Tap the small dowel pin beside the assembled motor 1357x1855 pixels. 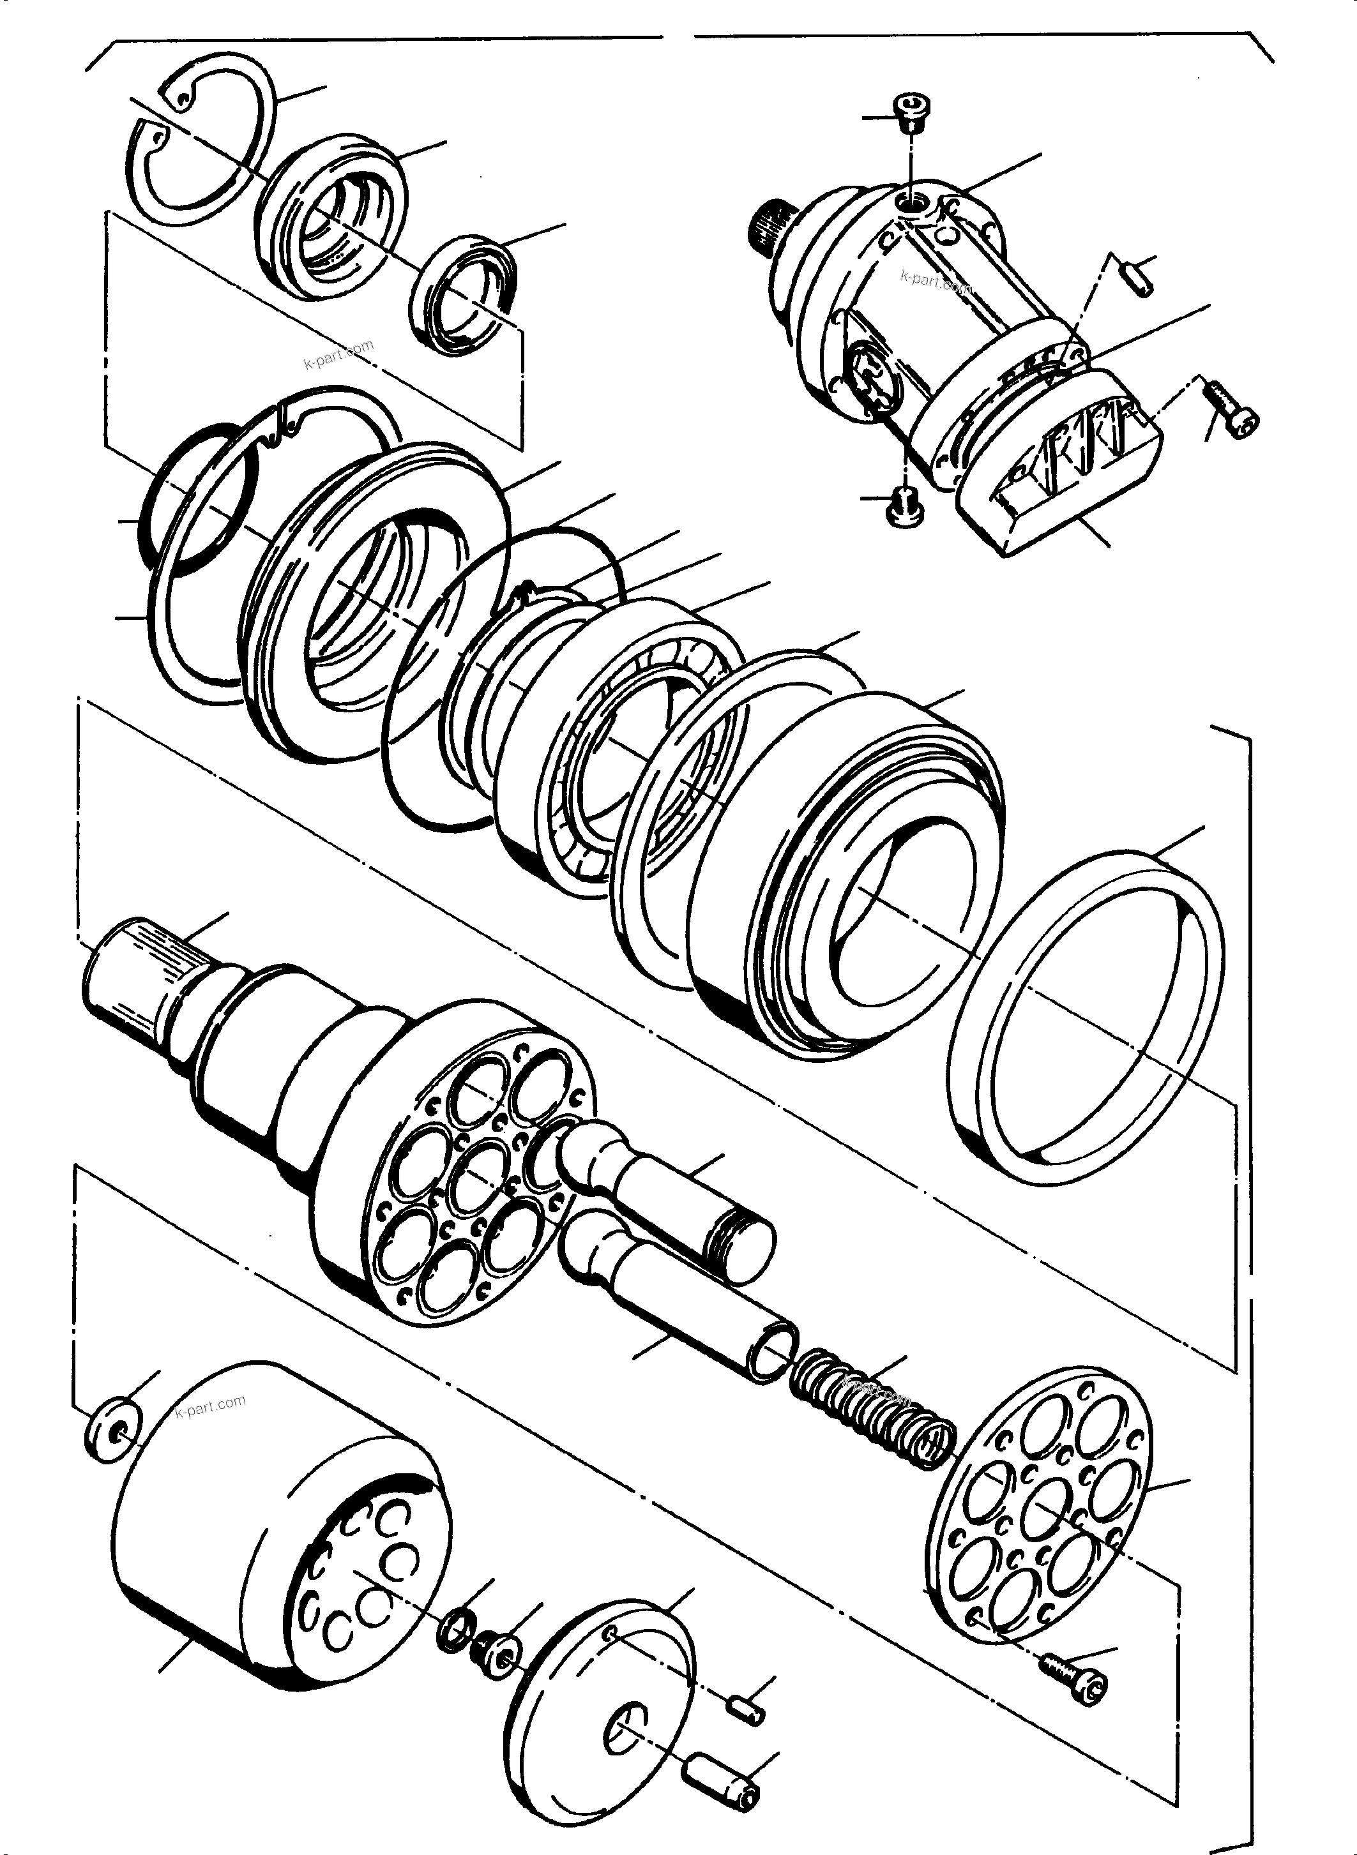[1137, 275]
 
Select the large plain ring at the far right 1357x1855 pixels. [1084, 1018]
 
